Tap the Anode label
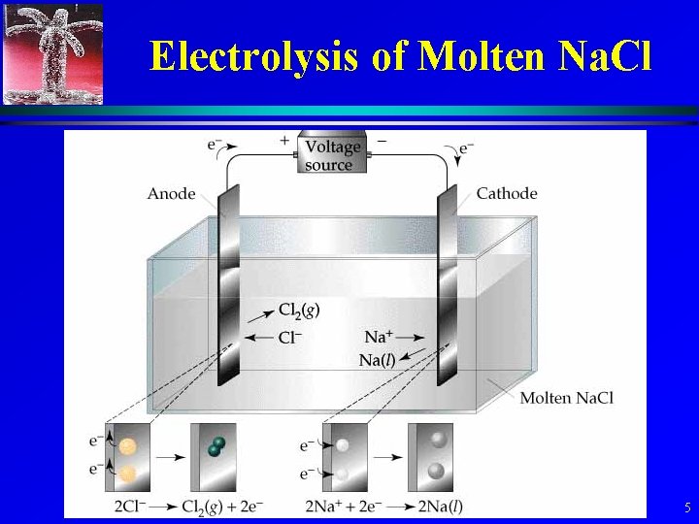click(171, 194)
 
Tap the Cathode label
click(507, 193)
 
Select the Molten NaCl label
click(566, 397)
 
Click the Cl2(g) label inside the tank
click(299, 310)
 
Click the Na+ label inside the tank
click(379, 337)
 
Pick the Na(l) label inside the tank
click(379, 361)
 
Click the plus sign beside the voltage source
click(284, 141)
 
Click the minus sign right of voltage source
click(381, 141)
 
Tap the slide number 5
click(686, 508)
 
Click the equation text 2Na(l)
click(439, 506)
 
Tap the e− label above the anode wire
click(216, 146)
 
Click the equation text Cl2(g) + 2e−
click(222, 506)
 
